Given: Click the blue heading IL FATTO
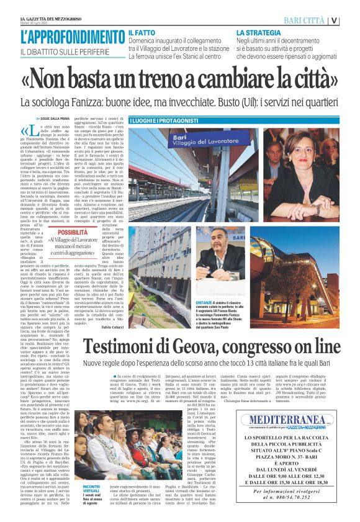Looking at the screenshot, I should click(x=142, y=31).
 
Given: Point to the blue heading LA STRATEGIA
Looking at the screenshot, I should click(x=256, y=31).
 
